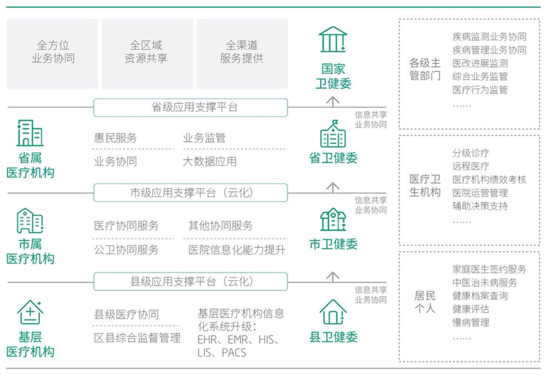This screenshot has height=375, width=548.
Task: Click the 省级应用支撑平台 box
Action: [190, 108]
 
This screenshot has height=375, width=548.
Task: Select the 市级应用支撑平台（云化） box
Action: [190, 193]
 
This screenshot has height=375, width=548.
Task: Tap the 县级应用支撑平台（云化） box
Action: [190, 282]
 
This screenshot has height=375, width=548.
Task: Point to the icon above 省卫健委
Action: [333, 134]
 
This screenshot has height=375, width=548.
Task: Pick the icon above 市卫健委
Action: [333, 219]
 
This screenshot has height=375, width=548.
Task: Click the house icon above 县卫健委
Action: [333, 312]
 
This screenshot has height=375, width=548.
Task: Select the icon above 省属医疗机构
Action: [30, 133]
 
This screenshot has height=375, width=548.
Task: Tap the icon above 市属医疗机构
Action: [30, 221]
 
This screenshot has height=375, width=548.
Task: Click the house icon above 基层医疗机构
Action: [30, 312]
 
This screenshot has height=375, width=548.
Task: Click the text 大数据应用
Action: [209, 162]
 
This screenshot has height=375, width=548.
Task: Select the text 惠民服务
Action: [116, 138]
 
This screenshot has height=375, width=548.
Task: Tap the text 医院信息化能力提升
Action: [237, 250]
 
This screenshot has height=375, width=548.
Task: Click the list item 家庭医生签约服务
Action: [489, 269]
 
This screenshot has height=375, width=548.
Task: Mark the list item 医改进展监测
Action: [480, 63]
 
